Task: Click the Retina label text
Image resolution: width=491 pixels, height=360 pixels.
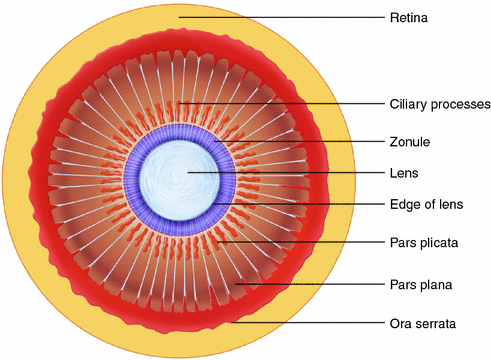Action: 407,16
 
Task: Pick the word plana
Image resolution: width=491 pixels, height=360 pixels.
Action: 436,285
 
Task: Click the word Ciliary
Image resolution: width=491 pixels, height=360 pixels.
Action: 409,104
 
